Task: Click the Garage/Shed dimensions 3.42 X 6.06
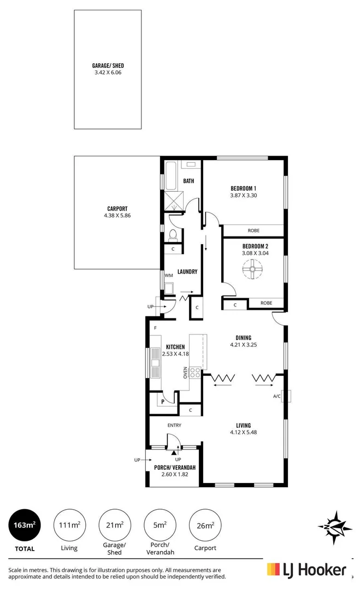click(x=108, y=72)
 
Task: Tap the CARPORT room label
click(x=117, y=208)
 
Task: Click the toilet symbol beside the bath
click(x=173, y=235)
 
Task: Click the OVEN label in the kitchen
click(x=186, y=373)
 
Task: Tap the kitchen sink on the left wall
click(x=154, y=362)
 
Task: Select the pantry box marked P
click(x=162, y=402)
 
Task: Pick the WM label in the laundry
click(x=168, y=275)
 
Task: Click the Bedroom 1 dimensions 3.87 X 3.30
click(x=244, y=196)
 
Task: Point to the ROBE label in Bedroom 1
click(x=253, y=231)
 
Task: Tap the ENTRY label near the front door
click(x=175, y=425)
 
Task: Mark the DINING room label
click(x=244, y=338)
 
